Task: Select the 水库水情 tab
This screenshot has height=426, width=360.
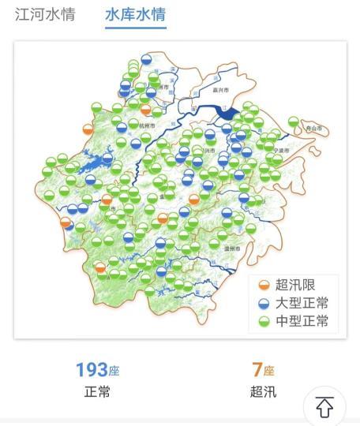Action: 136,15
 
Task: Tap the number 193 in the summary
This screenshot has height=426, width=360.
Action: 92,369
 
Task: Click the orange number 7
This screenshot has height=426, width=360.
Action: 257,369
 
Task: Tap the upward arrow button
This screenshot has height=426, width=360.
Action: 324,407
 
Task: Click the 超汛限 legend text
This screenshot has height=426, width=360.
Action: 296,285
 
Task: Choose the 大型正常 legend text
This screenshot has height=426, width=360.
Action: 302,303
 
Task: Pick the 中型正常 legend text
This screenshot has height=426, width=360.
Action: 302,321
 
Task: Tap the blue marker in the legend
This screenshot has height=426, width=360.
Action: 264,303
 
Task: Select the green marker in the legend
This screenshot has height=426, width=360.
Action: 264,321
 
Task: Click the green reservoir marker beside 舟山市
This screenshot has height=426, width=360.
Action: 294,122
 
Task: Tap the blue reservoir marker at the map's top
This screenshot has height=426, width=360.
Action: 147,60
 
